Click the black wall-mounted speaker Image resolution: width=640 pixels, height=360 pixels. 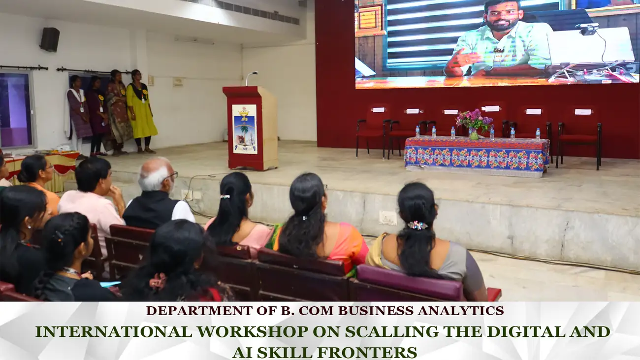pyautogui.click(x=50, y=39)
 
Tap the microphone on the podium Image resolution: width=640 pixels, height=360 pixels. pyautogui.click(x=252, y=78)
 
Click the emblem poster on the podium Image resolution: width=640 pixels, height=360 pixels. pyautogui.click(x=244, y=129)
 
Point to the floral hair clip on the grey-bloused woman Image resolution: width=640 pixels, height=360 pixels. pyautogui.click(x=417, y=225)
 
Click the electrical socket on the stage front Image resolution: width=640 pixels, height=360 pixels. pyautogui.click(x=388, y=218)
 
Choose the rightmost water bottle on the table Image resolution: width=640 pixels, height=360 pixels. pyautogui.click(x=538, y=134)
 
